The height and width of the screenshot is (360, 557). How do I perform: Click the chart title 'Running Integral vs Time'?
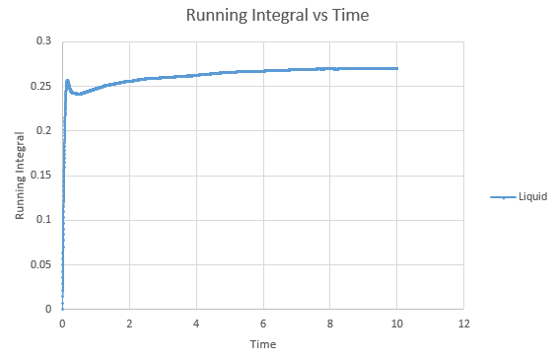277,15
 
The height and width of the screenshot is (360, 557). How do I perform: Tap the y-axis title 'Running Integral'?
20,176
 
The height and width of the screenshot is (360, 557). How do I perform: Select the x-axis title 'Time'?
263,344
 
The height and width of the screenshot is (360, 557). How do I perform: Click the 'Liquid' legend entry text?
532,196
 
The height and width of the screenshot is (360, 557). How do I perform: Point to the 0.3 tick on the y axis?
43,40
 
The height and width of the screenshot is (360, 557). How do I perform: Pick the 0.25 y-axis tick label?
40,86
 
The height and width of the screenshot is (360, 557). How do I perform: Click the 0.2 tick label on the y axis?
43,130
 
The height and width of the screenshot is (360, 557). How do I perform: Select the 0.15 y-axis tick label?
40,175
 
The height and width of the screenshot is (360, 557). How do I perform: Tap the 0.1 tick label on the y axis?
43,219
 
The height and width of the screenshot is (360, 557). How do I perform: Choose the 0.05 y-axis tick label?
40,264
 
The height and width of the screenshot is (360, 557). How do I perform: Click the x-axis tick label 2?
129,324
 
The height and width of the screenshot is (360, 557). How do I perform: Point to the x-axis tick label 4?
196,324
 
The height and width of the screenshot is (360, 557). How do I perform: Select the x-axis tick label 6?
263,324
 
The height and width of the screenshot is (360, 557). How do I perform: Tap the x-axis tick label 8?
330,324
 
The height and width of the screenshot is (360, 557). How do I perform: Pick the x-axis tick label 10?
396,324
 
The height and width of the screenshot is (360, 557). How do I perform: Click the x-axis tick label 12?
464,324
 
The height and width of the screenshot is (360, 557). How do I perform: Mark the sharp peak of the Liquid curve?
67,81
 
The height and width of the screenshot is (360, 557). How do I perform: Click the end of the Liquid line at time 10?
397,68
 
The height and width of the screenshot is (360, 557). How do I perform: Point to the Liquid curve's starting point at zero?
62,309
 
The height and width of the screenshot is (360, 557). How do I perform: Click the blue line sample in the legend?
503,197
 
